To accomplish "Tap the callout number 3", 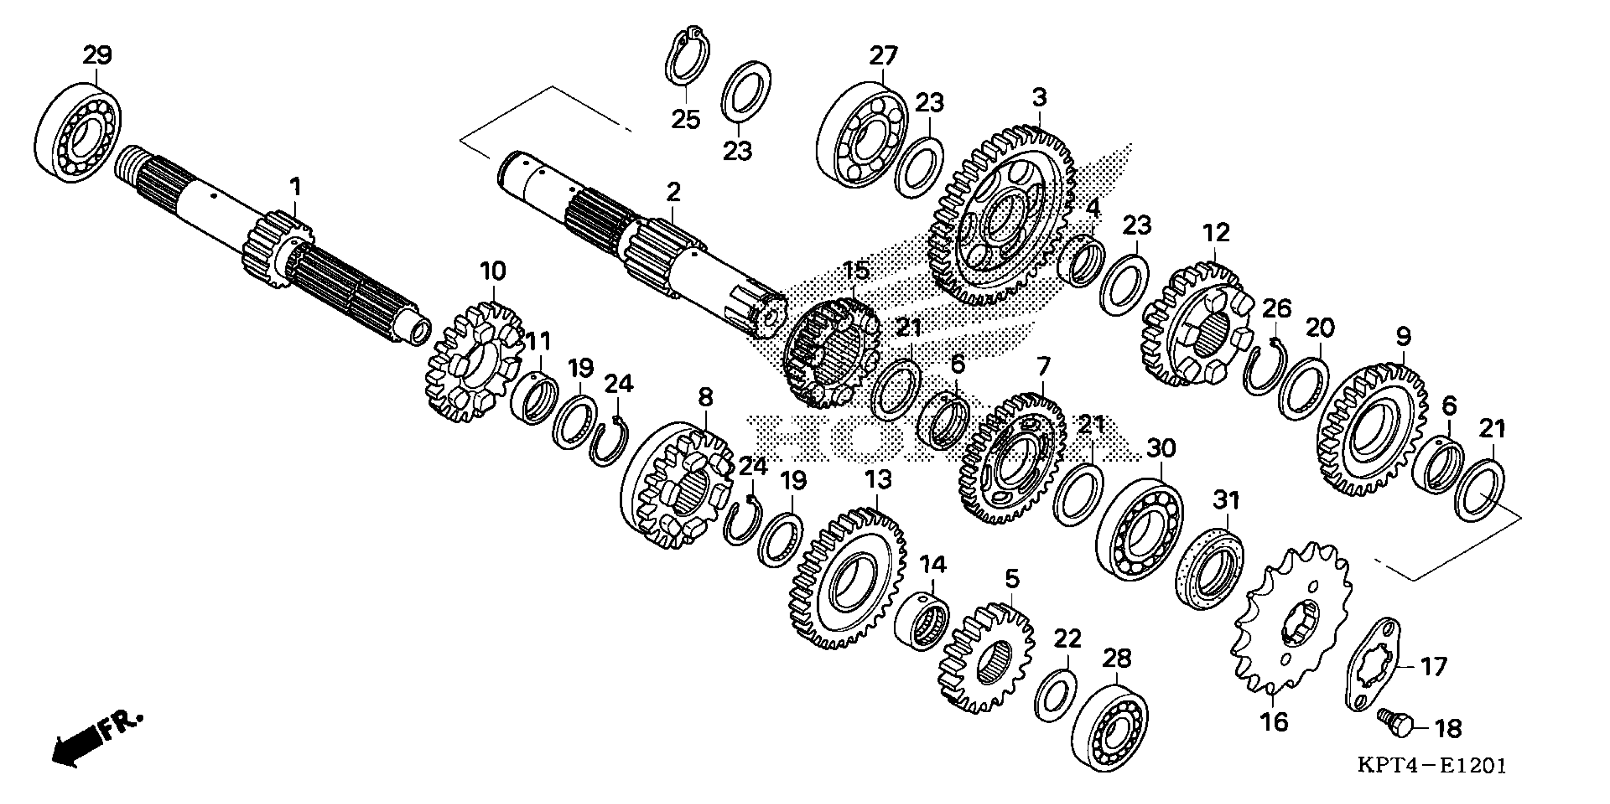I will (x=1039, y=97).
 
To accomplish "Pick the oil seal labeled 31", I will (x=1209, y=568).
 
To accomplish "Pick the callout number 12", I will (x=1215, y=233).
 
